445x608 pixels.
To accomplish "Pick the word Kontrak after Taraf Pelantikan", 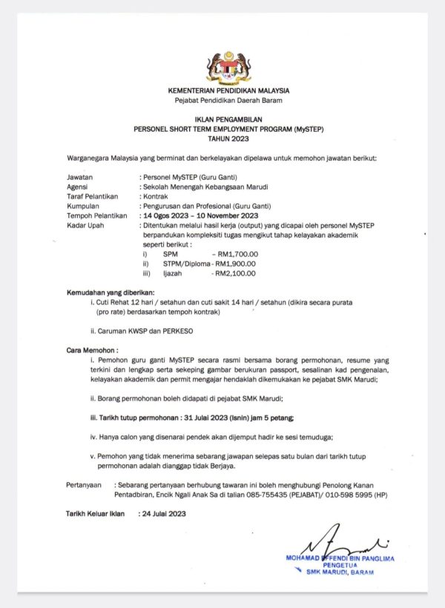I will coord(155,197).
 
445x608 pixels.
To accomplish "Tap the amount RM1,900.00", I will coord(235,263).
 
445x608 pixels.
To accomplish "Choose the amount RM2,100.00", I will coord(235,273).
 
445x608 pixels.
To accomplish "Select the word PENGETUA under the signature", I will coord(340,565).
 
